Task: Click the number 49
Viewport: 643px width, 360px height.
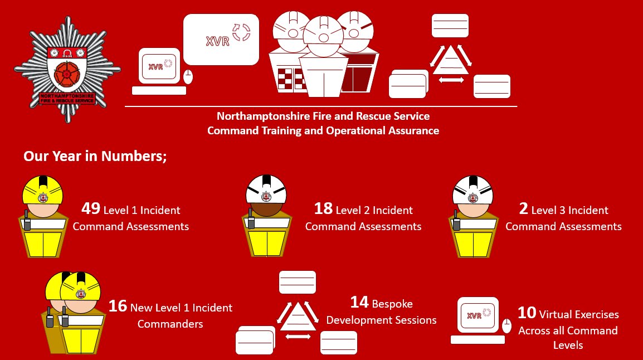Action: click(x=90, y=209)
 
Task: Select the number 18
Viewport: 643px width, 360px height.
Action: click(x=323, y=209)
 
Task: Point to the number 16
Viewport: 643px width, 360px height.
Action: click(x=118, y=306)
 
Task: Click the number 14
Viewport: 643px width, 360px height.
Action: click(x=359, y=302)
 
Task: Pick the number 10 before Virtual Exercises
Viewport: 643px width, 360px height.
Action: click(x=527, y=313)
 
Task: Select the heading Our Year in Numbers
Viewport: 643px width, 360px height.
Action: click(x=95, y=156)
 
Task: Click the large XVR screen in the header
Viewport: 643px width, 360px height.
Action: click(x=221, y=39)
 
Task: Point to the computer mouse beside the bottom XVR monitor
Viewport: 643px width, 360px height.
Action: click(x=506, y=325)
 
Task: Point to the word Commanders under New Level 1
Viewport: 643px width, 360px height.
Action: click(x=170, y=324)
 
